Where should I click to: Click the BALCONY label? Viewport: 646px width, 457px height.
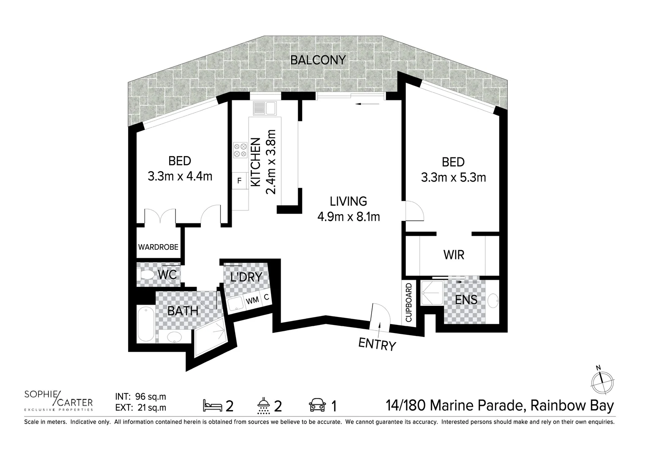(318, 60)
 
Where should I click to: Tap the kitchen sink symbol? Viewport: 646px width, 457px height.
(264, 108)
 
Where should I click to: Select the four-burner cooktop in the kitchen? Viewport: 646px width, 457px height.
(240, 150)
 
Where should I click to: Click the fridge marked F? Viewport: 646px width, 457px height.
(239, 181)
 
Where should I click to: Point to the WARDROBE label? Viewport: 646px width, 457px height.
(158, 247)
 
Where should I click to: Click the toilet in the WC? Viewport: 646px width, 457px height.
(147, 275)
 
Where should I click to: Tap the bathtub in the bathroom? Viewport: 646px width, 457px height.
(146, 324)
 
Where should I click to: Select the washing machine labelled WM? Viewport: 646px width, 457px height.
(252, 300)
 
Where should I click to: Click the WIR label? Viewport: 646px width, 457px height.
(454, 255)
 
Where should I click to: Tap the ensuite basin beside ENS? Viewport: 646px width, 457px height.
(493, 301)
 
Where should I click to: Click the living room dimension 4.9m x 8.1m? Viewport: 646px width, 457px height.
(348, 217)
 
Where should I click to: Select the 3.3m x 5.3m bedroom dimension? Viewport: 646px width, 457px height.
(453, 177)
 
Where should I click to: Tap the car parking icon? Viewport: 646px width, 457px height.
(317, 405)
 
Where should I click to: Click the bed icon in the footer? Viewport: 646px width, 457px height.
(213, 405)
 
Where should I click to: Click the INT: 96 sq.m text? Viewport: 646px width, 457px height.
(141, 397)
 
